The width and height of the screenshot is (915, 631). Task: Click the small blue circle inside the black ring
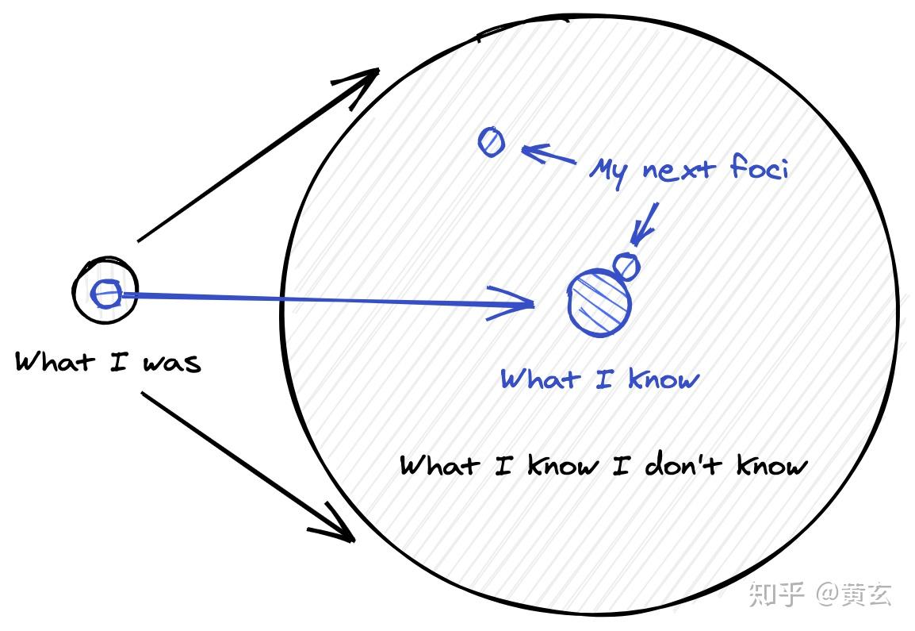pos(105,294)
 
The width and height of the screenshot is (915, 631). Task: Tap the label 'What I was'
pos(108,363)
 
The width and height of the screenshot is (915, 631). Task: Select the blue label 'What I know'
pos(599,379)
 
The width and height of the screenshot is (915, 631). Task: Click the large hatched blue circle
pos(600,302)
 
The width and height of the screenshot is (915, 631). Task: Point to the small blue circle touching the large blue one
pos(626,265)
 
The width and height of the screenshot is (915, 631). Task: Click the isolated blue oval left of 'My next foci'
pos(492,142)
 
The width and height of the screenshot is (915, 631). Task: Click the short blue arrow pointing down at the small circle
pos(645,222)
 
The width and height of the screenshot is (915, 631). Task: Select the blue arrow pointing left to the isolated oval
pos(547,154)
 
